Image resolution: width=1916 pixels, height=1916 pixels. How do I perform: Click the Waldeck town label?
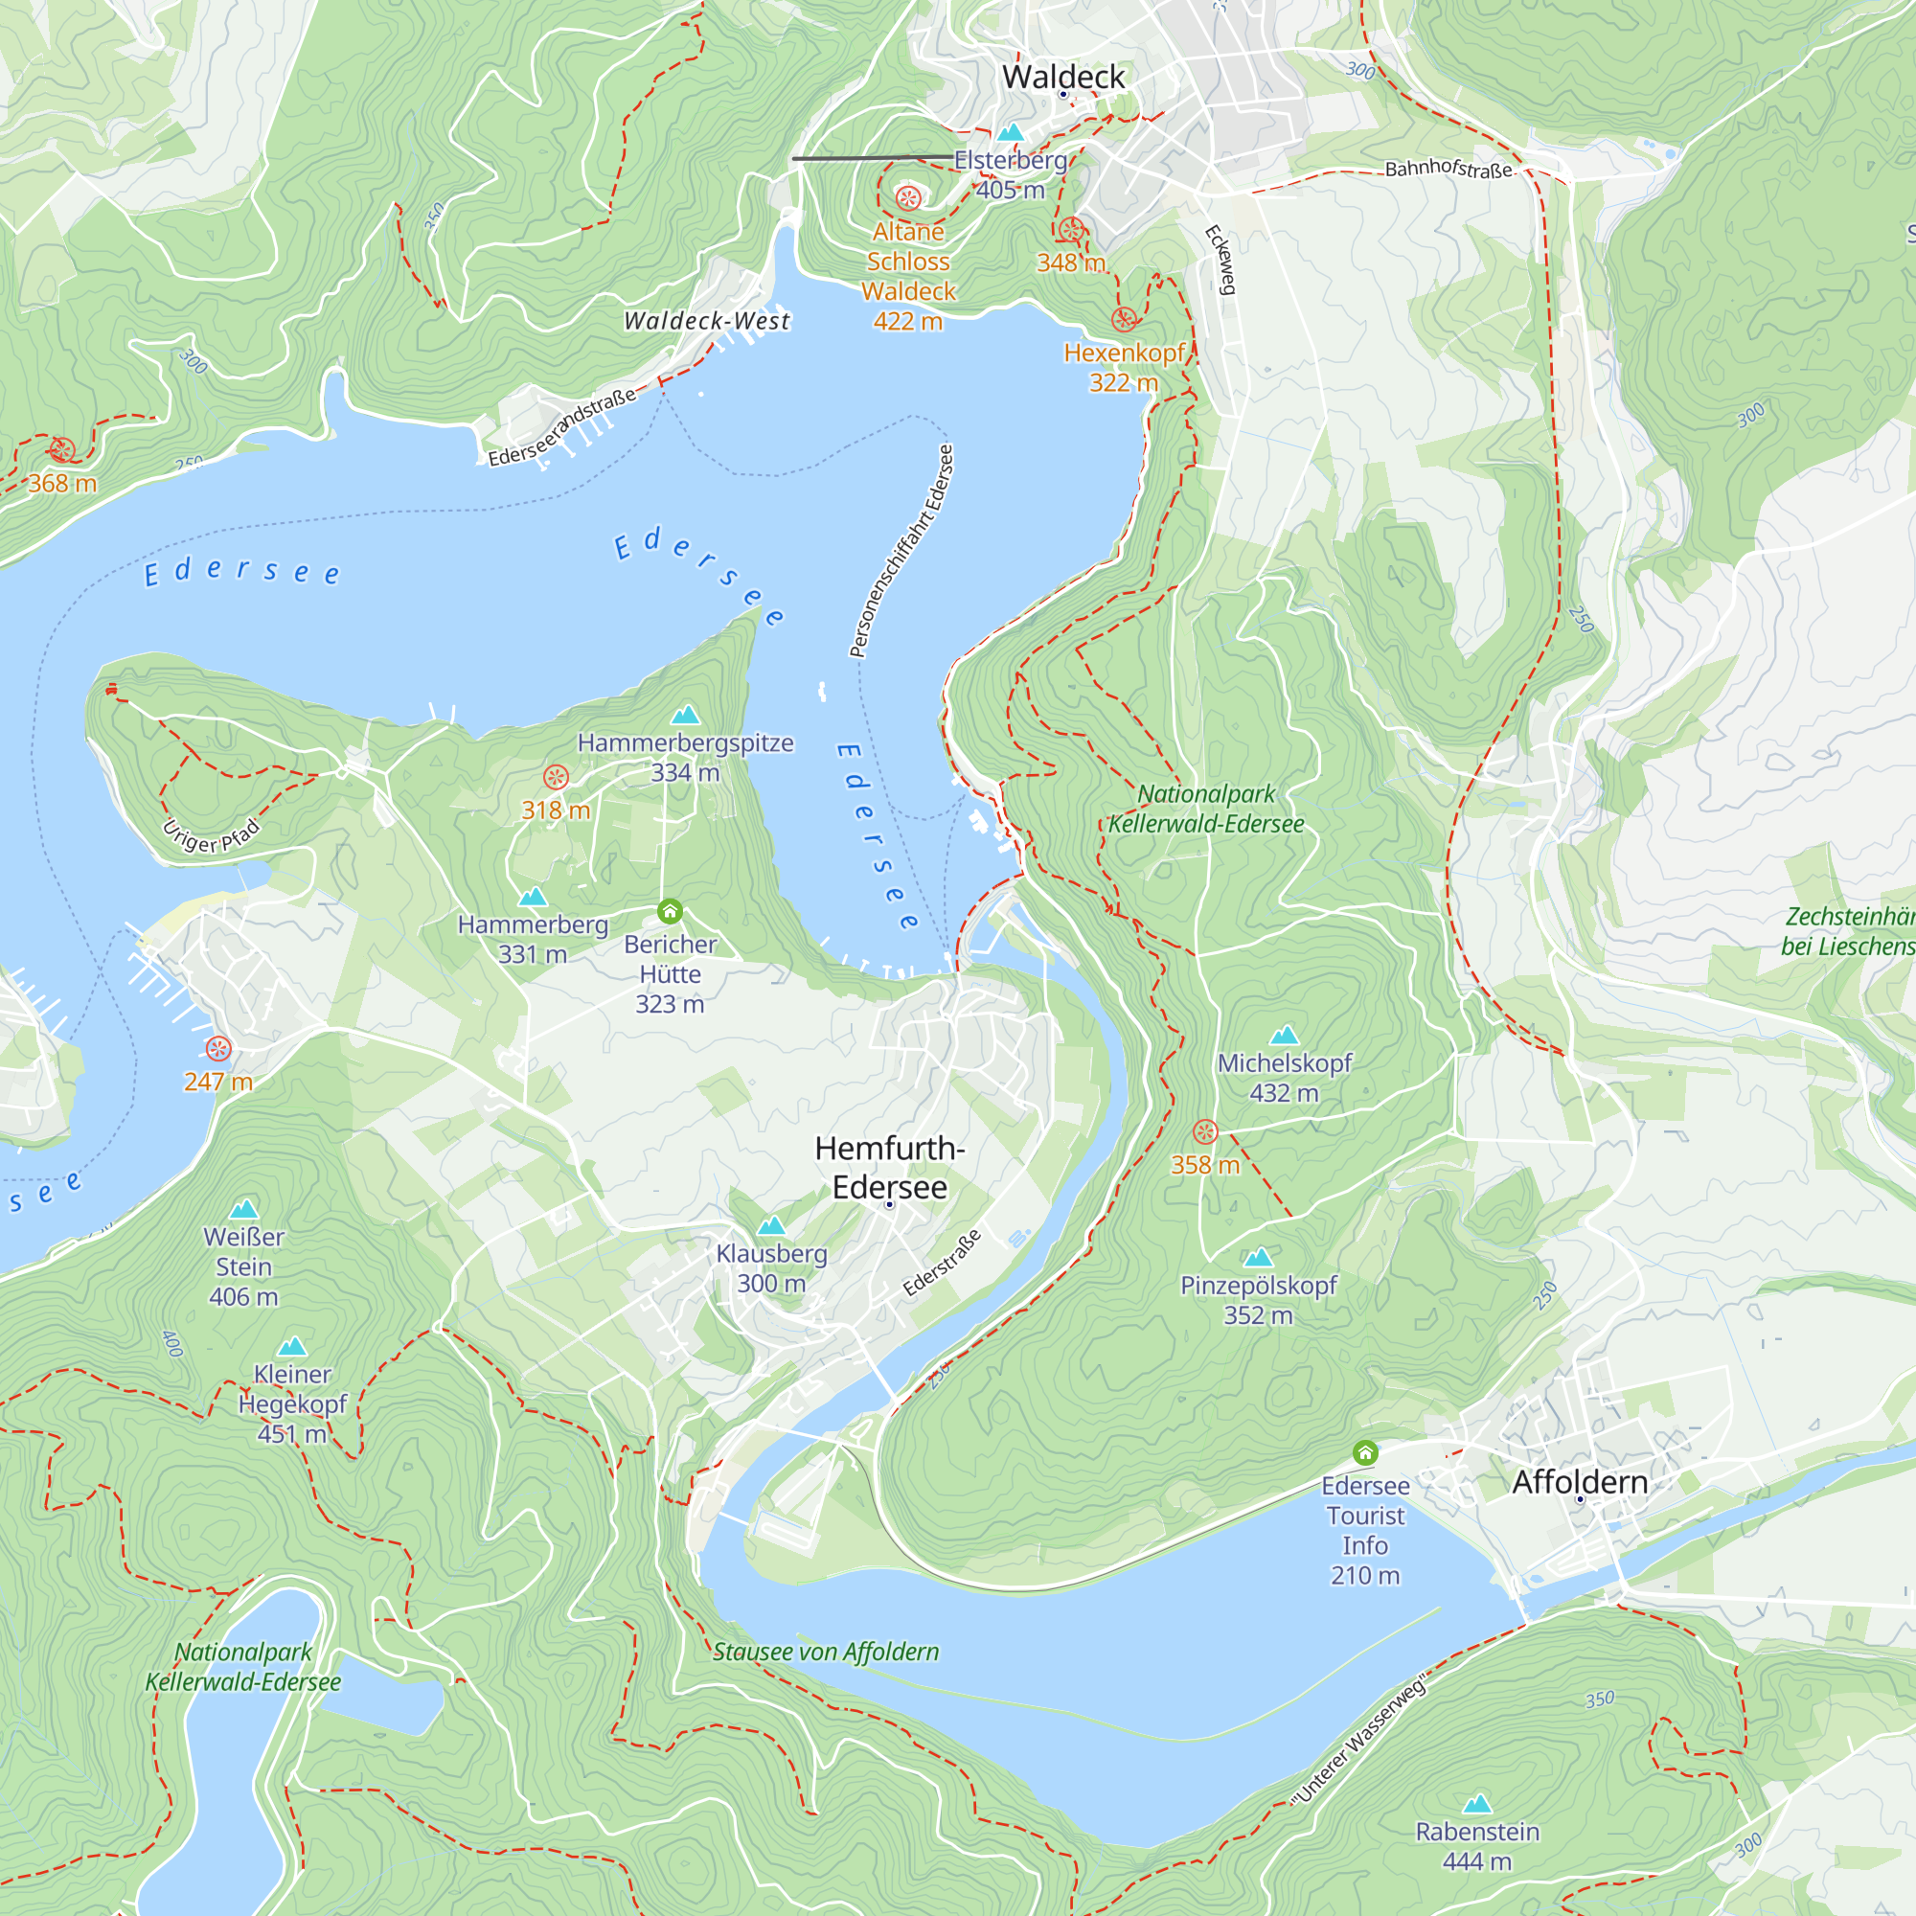click(x=1063, y=77)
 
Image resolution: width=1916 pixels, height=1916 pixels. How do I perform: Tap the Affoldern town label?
click(x=1580, y=1482)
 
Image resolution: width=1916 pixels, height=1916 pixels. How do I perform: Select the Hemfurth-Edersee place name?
click(x=890, y=1167)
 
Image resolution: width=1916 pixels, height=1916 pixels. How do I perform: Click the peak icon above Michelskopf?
click(x=1285, y=1036)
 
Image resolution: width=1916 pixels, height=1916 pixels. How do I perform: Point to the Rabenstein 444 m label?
click(x=1476, y=1846)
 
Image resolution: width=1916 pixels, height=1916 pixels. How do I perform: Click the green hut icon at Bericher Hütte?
click(x=671, y=910)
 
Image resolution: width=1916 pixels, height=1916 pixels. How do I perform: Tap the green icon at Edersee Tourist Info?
click(x=1365, y=1453)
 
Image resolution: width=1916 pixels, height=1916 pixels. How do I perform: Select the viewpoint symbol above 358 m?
click(x=1205, y=1131)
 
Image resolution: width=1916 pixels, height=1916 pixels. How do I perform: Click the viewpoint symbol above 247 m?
click(x=218, y=1048)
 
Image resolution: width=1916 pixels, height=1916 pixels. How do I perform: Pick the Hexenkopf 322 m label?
click(x=1124, y=367)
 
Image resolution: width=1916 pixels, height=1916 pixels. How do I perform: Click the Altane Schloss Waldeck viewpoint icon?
click(x=908, y=198)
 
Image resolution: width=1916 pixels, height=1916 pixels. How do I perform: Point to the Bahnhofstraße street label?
click(x=1448, y=169)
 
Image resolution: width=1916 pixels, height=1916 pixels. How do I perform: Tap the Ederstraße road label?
click(x=942, y=1263)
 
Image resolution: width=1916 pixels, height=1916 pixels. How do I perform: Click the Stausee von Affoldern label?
click(x=825, y=1652)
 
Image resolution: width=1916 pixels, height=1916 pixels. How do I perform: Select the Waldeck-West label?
click(x=707, y=320)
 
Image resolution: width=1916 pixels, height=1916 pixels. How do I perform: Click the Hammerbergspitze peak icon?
click(x=685, y=715)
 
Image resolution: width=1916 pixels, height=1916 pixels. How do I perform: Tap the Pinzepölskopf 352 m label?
click(x=1258, y=1299)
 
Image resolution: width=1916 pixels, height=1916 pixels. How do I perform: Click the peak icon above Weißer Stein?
click(x=244, y=1209)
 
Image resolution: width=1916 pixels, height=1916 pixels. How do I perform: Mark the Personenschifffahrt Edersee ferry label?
click(x=901, y=552)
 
